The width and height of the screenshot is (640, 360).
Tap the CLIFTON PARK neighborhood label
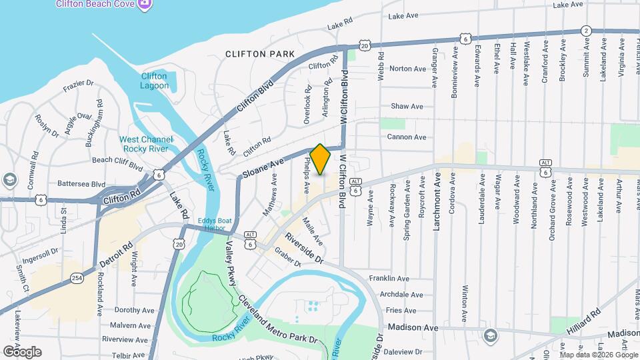click(x=259, y=54)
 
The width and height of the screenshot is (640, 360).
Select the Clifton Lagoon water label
click(x=154, y=81)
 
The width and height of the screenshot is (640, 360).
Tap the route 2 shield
click(x=585, y=31)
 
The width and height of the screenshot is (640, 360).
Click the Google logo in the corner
click(x=22, y=351)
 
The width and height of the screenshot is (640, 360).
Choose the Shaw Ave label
click(x=407, y=106)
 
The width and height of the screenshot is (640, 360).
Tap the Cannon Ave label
click(x=407, y=137)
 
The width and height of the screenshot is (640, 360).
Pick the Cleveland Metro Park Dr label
click(x=276, y=319)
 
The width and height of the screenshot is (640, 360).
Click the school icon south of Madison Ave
click(x=491, y=335)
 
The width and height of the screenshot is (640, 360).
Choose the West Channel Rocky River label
click(x=146, y=144)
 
